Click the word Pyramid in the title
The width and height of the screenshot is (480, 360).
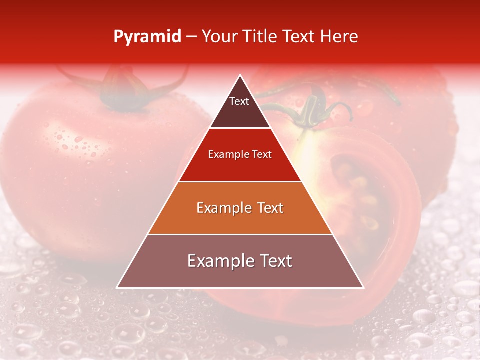point(147,37)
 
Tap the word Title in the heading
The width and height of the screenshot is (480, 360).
point(262,37)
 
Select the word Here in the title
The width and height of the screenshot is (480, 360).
point(339,37)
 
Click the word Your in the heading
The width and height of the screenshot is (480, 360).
point(219,37)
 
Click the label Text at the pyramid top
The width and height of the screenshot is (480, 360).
point(239,101)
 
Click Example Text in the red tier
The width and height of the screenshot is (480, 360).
point(240,154)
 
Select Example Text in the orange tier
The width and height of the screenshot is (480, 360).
point(240,208)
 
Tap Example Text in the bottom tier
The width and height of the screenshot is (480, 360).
point(240,261)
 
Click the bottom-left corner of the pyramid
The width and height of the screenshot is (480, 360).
point(118,287)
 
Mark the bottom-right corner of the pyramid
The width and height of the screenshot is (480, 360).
point(362,287)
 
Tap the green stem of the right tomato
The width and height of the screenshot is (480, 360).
point(310,107)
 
